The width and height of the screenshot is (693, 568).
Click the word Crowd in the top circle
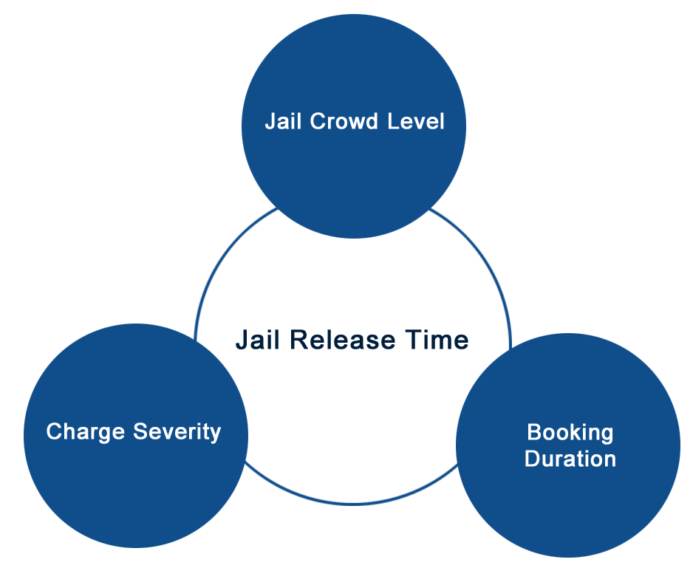pyautogui.click(x=344, y=121)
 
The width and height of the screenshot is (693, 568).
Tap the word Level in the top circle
pyautogui.click(x=416, y=121)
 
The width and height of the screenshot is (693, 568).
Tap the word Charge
pyautogui.click(x=85, y=432)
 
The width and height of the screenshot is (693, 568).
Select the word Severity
pyautogui.click(x=177, y=432)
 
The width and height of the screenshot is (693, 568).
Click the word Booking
pyautogui.click(x=570, y=433)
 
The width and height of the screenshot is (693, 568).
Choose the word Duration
pyautogui.click(x=570, y=459)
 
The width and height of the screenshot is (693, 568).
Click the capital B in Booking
pyautogui.click(x=534, y=432)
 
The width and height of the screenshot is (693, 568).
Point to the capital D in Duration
pyautogui.click(x=533, y=459)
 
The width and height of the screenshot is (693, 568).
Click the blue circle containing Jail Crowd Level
pyautogui.click(x=354, y=126)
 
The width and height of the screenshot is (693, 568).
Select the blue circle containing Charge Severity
pyautogui.click(x=136, y=436)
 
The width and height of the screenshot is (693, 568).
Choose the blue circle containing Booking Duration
pyautogui.click(x=568, y=445)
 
